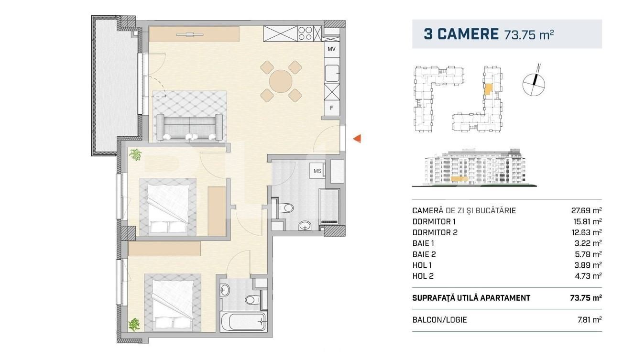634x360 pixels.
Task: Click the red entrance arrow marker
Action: click(356, 139)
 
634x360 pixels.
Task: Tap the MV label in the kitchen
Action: click(331, 49)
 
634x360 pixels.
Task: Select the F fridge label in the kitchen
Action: click(331, 108)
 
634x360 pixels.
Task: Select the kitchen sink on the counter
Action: click(331, 74)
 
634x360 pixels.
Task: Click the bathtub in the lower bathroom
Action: click(243, 322)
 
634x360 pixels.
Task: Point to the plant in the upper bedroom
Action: click(136, 155)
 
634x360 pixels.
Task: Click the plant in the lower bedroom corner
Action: click(134, 324)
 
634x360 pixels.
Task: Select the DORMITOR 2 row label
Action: click(435, 232)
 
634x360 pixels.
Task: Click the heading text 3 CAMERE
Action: click(461, 34)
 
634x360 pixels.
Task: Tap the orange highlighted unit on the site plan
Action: click(488, 89)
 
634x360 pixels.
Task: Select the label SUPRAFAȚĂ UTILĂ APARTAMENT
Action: click(470, 298)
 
